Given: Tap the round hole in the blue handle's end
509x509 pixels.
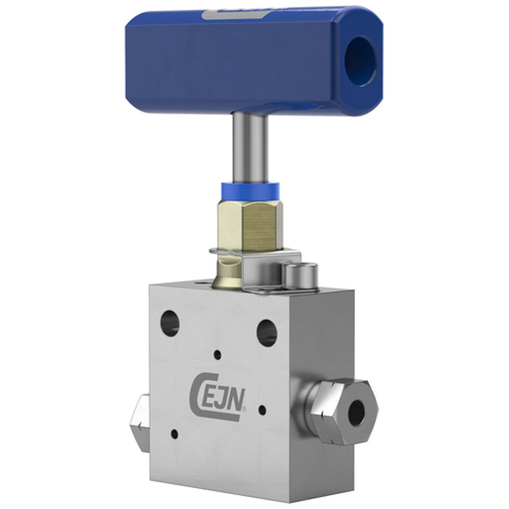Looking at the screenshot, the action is point(360,61).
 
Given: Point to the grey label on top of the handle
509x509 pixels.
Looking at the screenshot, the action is point(235,14).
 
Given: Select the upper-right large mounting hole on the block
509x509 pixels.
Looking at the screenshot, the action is point(267,332).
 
